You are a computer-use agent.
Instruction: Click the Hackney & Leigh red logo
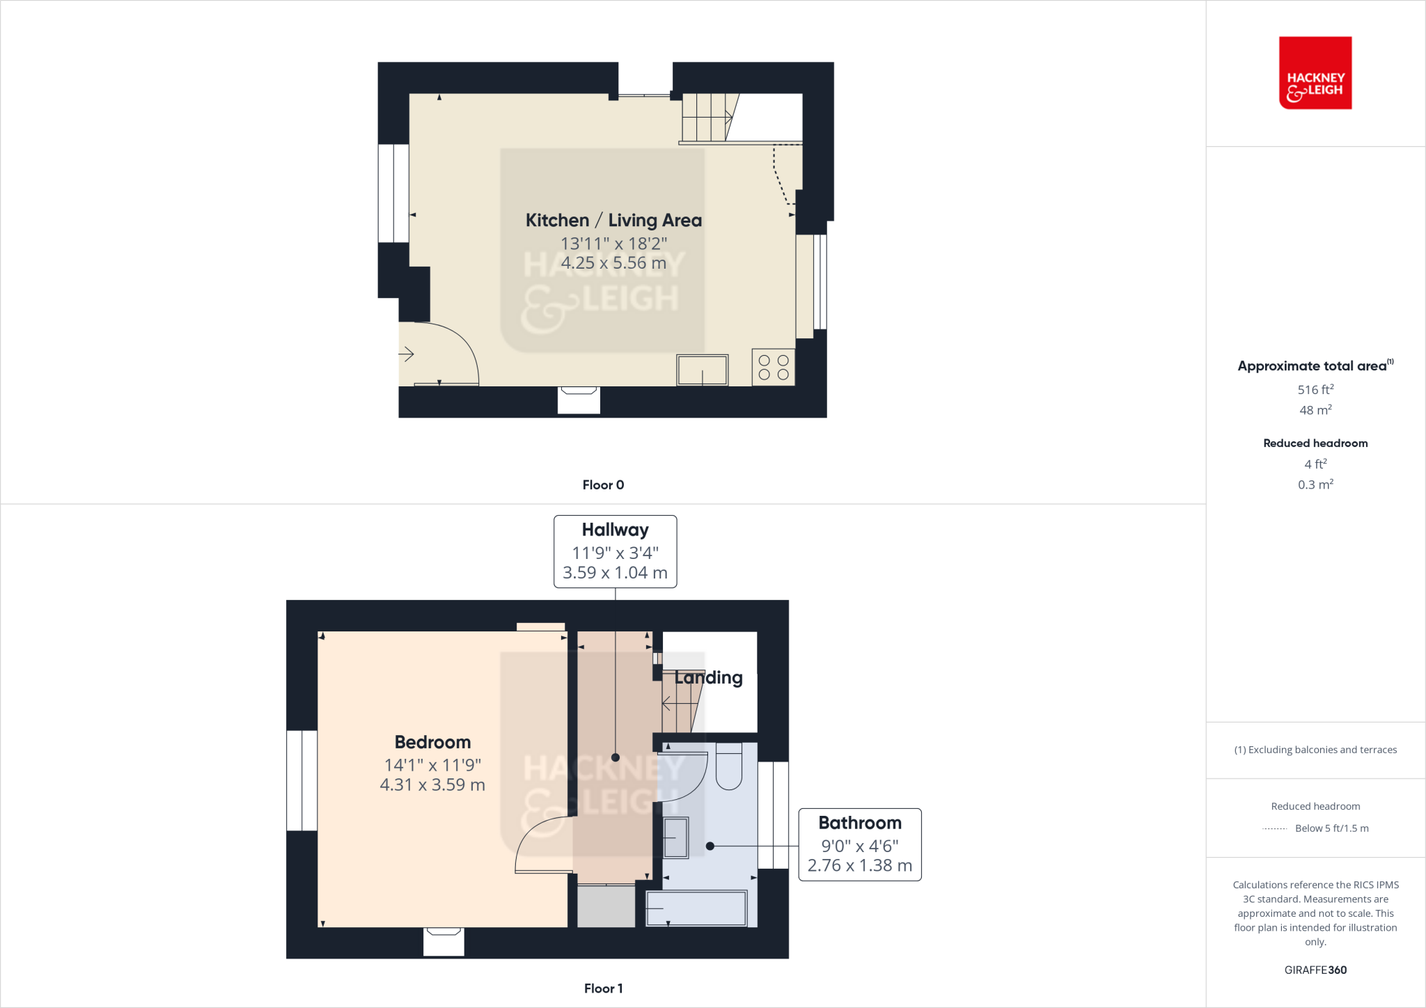pos(1315,73)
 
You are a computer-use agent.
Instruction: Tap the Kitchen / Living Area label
pos(613,221)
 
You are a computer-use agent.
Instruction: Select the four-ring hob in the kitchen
pos(773,368)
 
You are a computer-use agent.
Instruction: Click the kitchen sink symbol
pos(702,370)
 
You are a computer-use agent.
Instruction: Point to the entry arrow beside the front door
pos(407,354)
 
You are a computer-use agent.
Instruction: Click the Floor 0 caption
pos(603,485)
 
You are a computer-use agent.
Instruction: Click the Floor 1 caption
pos(603,989)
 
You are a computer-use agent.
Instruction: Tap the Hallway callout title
pos(615,530)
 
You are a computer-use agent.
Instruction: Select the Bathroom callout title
pos(859,824)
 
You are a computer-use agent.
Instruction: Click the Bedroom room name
pos(432,743)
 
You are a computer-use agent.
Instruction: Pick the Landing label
pos(708,678)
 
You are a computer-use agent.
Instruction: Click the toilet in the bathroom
pos(728,766)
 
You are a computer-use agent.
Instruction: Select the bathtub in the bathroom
pos(696,908)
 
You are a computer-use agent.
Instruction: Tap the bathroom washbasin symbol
pos(675,837)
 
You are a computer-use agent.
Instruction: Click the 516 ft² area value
pos(1315,390)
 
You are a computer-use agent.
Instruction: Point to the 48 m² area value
pos(1315,411)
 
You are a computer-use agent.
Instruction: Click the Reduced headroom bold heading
pos(1315,443)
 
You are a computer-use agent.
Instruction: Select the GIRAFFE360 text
pos(1315,970)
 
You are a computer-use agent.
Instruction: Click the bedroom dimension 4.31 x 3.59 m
pos(432,785)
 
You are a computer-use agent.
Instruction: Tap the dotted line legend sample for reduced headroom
pos(1274,829)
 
